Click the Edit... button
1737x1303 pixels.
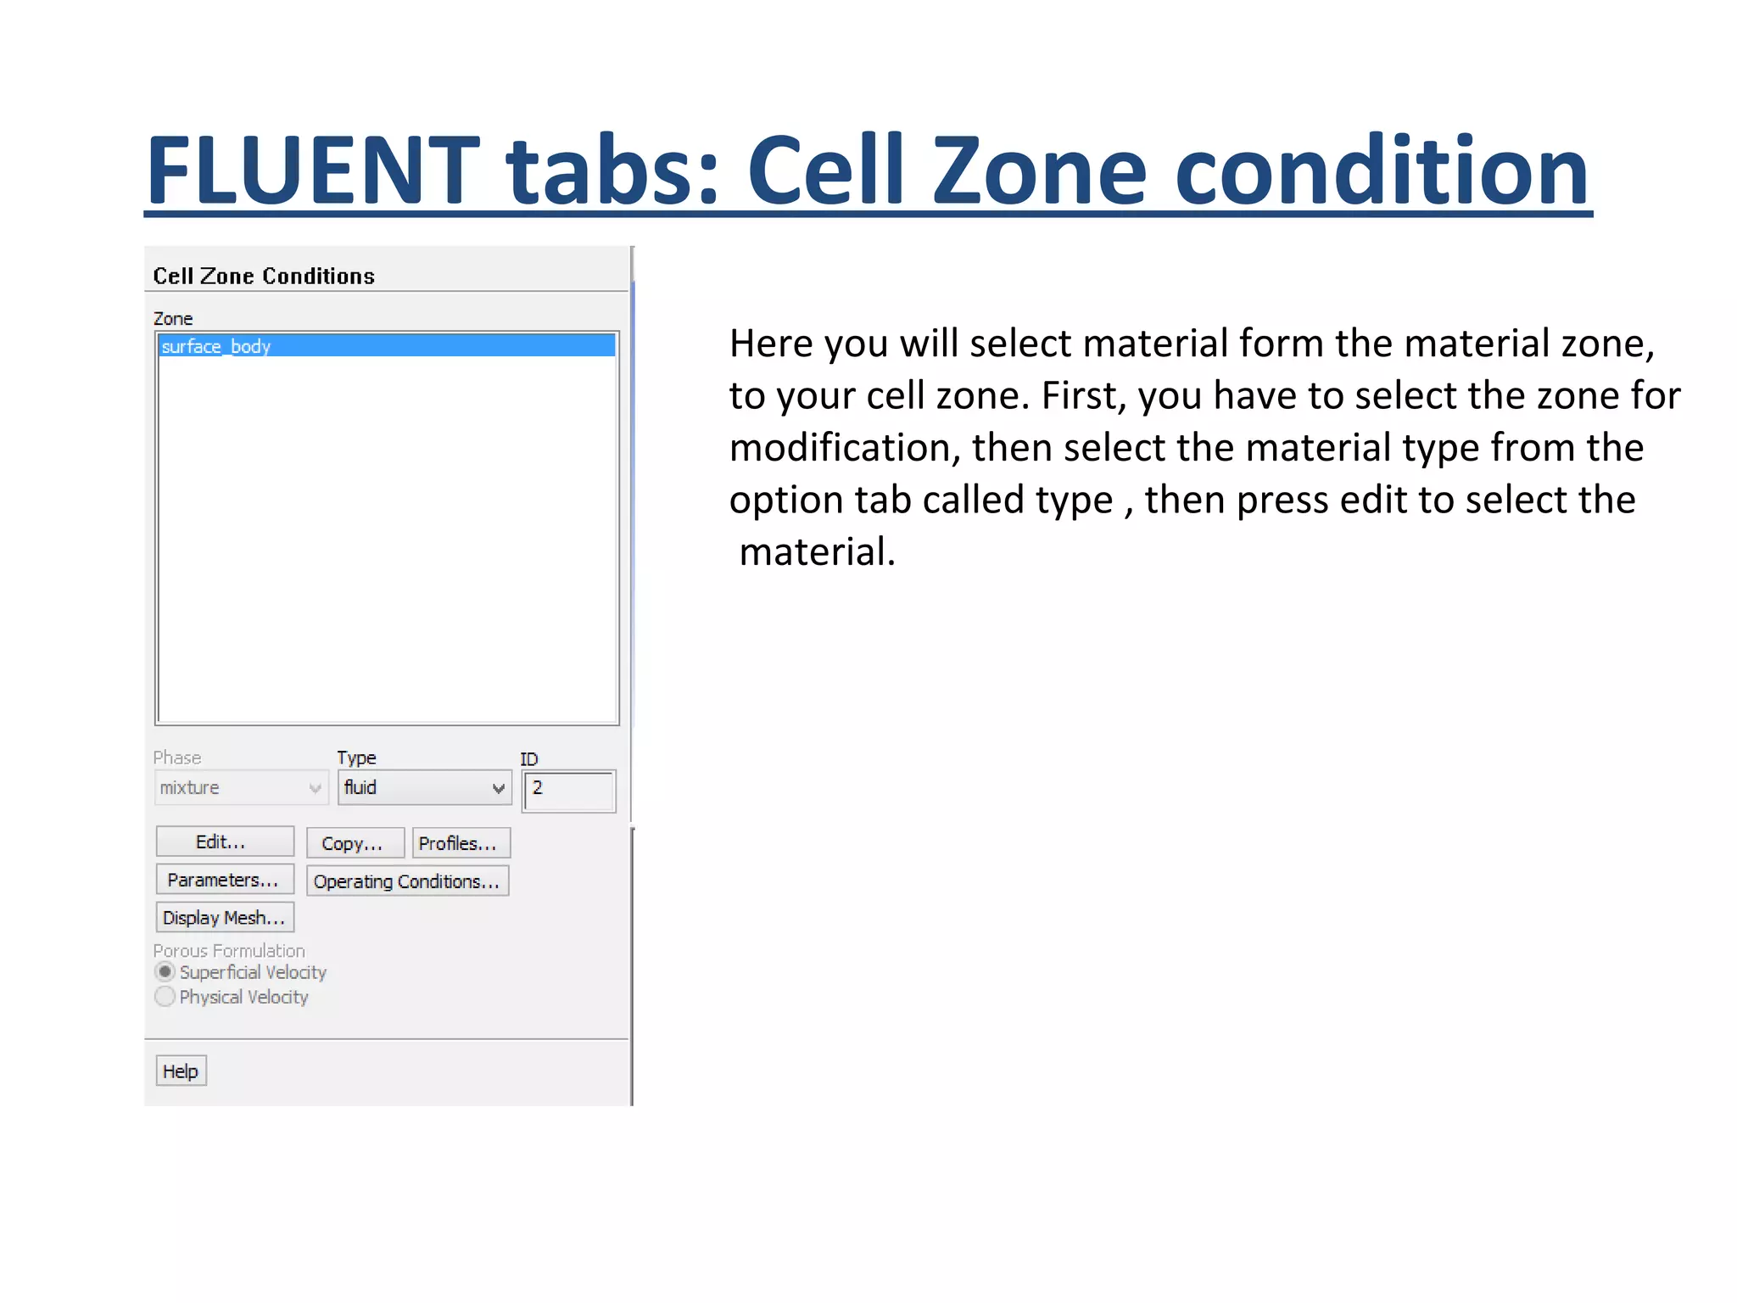point(225,842)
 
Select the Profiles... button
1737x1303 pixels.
point(461,843)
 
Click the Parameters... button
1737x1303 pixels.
point(225,880)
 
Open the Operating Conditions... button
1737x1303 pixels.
point(407,881)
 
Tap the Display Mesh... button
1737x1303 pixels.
point(225,917)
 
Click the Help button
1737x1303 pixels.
point(181,1071)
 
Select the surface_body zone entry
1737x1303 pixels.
point(387,346)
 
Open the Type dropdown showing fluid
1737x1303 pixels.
point(424,788)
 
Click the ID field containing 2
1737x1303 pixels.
point(569,791)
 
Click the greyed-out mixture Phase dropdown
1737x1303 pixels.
point(241,788)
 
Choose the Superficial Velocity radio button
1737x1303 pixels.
point(165,972)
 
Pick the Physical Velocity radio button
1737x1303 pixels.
point(165,997)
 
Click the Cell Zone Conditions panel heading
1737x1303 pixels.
point(264,277)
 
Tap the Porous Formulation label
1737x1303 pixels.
point(229,951)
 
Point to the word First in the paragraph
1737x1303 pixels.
point(1082,395)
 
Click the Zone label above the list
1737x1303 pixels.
point(173,319)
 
